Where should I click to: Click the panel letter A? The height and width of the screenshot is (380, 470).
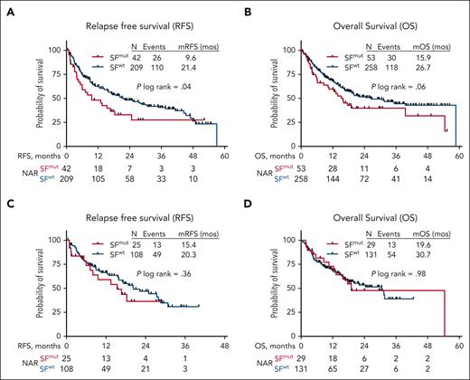(7, 9)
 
